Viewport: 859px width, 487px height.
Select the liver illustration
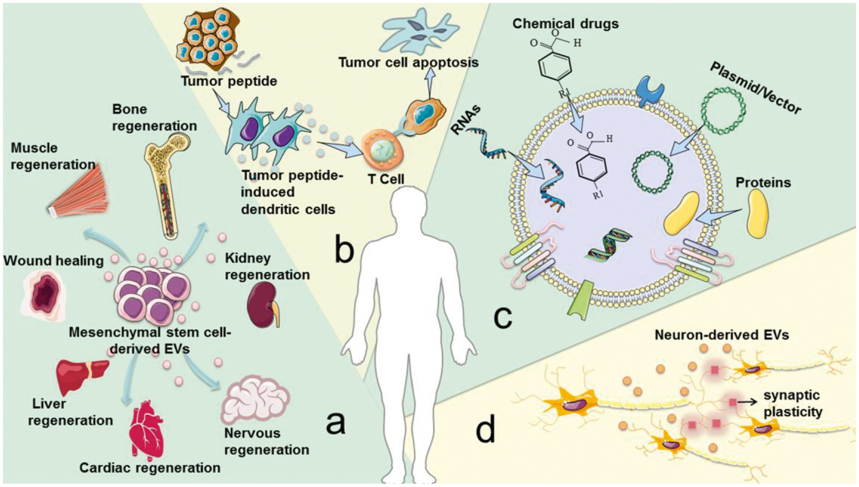tap(82, 375)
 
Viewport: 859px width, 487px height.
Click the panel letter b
tap(344, 250)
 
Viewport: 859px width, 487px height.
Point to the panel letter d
tap(485, 430)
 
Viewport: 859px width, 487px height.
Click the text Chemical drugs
tap(565, 24)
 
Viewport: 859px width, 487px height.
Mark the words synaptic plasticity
tap(793, 403)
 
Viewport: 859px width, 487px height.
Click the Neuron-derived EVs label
tap(721, 335)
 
